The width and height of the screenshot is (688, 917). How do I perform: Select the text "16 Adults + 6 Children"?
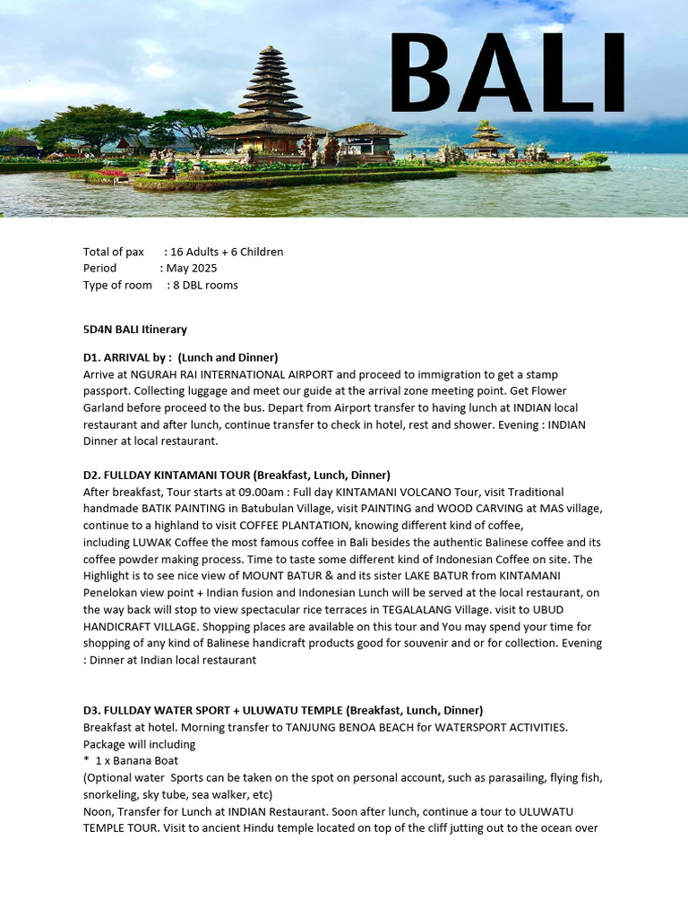tap(225, 252)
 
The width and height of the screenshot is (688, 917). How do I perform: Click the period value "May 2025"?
tap(192, 268)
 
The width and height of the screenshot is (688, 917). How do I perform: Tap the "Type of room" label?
tap(117, 285)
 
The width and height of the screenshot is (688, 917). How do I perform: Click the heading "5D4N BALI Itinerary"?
tap(135, 330)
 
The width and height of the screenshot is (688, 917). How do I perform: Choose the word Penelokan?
tap(111, 593)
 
